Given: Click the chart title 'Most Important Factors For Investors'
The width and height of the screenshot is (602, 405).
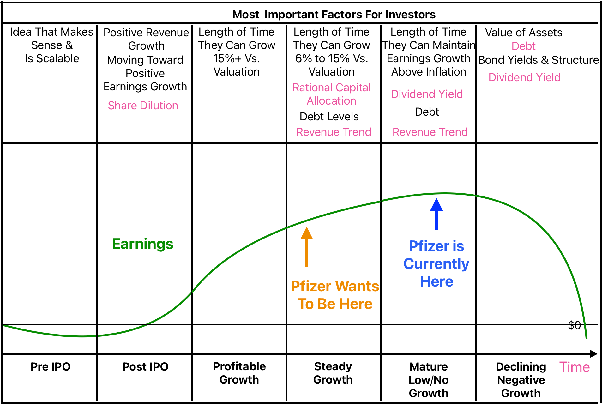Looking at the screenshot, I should click(x=334, y=15).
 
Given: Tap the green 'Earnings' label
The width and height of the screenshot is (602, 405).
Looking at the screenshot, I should click(x=142, y=244).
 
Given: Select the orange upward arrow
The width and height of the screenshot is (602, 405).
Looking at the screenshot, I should click(x=306, y=247).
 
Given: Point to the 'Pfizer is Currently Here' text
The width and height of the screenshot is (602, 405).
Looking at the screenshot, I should click(x=436, y=263).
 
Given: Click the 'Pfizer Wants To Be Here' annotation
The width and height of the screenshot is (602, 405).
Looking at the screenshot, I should click(x=335, y=295).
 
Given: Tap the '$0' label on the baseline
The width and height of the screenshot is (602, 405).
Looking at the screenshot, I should click(x=574, y=325).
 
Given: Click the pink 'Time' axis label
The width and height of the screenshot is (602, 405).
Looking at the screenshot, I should click(x=574, y=367).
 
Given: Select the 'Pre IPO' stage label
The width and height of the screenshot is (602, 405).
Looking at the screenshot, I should click(x=51, y=367).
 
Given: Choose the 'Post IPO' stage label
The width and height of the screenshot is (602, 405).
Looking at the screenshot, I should click(x=145, y=367).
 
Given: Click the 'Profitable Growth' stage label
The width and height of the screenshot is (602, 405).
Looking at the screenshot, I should click(x=239, y=373).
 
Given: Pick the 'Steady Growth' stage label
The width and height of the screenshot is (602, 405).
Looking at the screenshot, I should click(x=333, y=373).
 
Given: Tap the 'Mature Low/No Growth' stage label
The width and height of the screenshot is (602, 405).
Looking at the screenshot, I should click(x=428, y=380).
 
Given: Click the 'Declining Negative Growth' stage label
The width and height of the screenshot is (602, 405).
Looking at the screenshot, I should click(x=521, y=380).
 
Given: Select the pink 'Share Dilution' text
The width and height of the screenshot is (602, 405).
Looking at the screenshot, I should click(x=143, y=106).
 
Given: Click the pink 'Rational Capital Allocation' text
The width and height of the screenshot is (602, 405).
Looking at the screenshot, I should click(x=331, y=94).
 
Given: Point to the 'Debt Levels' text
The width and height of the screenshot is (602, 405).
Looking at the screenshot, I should click(x=329, y=117).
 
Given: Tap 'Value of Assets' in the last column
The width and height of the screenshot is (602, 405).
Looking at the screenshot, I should click(x=523, y=33).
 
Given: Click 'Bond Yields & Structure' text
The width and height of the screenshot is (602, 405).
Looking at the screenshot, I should click(x=538, y=60).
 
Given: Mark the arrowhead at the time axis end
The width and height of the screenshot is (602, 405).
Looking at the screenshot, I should click(x=594, y=354).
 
